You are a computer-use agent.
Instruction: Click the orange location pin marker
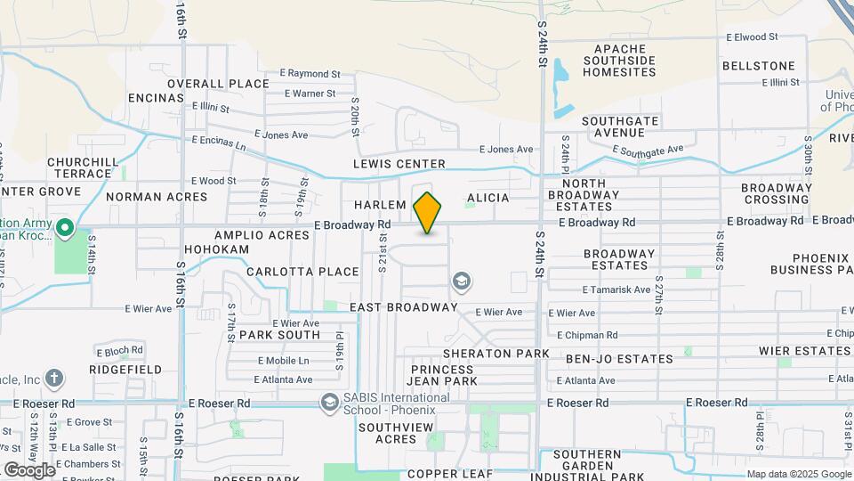pyautogui.click(x=427, y=212)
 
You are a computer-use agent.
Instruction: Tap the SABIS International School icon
pyautogui.click(x=330, y=404)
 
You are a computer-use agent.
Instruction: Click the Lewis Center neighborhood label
pyautogui.click(x=399, y=164)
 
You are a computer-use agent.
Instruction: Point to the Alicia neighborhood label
pyautogui.click(x=487, y=198)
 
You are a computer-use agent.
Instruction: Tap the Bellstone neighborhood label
pyautogui.click(x=758, y=66)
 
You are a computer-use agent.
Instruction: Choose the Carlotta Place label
pyautogui.click(x=302, y=272)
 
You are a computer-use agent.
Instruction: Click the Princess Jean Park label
pyautogui.click(x=443, y=374)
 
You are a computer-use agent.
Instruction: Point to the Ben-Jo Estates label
pyautogui.click(x=619, y=359)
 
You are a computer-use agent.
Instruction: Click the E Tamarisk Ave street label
pyautogui.click(x=616, y=289)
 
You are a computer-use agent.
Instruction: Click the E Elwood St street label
pyautogui.click(x=752, y=37)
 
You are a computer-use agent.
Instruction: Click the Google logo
pyautogui.click(x=28, y=469)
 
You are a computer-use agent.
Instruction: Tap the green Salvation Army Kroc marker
pyautogui.click(x=64, y=229)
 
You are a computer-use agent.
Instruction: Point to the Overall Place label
pyautogui.click(x=217, y=84)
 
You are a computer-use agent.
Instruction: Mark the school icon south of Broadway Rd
pyautogui.click(x=462, y=282)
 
